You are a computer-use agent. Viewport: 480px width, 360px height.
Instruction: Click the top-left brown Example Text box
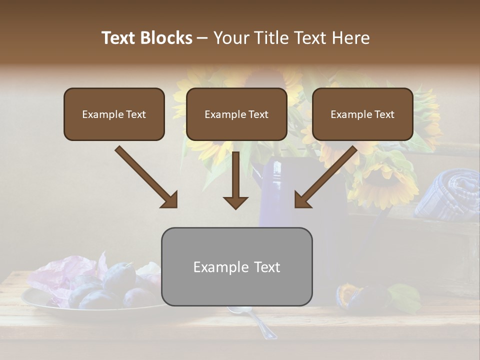[114, 114]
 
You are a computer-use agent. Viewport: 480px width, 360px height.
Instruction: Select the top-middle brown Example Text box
[236, 114]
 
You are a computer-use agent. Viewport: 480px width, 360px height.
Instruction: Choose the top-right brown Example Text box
[362, 114]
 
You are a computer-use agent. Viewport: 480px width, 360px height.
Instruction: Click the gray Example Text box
[236, 267]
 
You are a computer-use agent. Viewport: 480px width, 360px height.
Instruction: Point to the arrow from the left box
[146, 177]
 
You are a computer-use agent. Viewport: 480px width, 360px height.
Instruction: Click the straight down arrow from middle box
[235, 180]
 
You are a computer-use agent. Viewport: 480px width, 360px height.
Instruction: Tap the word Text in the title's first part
[118, 38]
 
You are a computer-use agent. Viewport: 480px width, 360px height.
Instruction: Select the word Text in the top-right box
[384, 114]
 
